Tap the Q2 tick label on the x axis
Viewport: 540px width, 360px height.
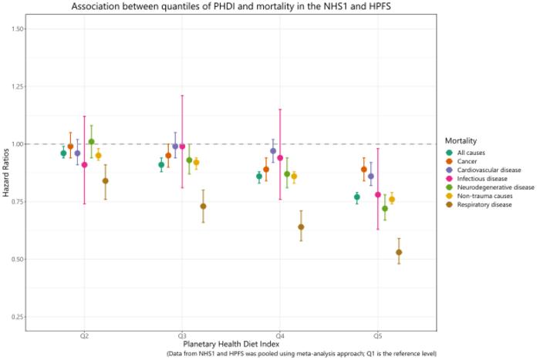(84, 337)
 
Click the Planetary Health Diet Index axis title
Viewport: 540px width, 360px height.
(231, 346)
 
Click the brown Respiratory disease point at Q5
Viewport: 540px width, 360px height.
(399, 252)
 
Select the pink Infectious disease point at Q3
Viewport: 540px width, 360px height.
(182, 146)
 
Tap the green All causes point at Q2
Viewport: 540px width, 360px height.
(63, 153)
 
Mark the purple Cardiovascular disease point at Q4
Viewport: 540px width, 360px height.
(273, 151)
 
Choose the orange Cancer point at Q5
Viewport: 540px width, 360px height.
(364, 170)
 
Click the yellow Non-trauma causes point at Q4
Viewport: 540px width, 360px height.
(294, 177)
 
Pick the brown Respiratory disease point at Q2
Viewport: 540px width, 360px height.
(106, 181)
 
